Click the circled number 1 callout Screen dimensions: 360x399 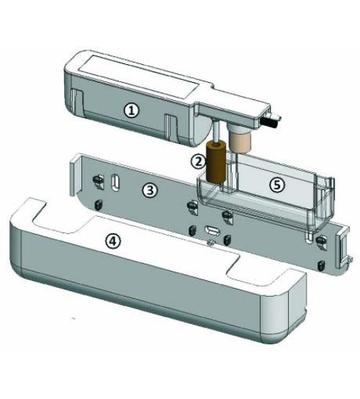pos(132,111)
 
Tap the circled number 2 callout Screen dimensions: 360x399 pos(199,161)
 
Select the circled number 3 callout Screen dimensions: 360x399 pos(150,191)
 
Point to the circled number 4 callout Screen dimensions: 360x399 pos(113,241)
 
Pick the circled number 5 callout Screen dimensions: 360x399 pos(277,185)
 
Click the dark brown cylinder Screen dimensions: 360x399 pos(216,162)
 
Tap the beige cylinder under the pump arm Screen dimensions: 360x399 pos(240,143)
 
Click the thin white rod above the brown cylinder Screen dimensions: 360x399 pos(216,132)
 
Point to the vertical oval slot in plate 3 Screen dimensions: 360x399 pos(115,182)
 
